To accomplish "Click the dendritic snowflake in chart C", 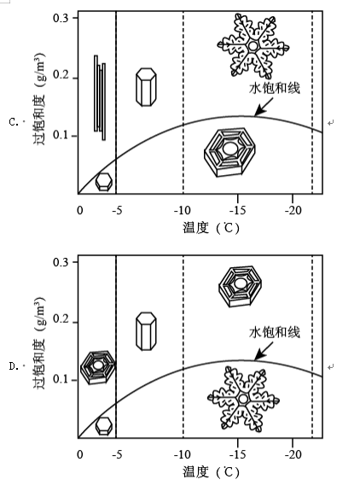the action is tap(253, 46).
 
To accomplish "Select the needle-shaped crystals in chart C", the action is tap(100, 97).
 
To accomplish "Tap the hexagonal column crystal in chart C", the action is tap(146, 87).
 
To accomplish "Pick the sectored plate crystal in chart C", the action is tap(229, 152).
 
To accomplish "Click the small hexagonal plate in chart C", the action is tap(103, 182).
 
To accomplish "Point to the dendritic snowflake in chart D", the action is tap(243, 399).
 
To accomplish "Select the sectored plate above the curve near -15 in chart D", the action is tap(240, 286).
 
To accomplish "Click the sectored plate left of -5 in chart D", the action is tap(97, 367).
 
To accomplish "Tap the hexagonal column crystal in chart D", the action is tap(146, 331).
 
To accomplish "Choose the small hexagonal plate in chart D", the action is tap(103, 426).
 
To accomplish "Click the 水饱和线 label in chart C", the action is tap(275, 88).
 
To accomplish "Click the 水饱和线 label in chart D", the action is tap(275, 332).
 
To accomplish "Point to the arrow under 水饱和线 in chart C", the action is tap(264, 107).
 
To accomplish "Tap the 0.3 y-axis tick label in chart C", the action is tap(61, 18).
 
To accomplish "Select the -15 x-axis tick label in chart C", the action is tap(238, 211).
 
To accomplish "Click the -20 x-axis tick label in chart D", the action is tap(293, 454).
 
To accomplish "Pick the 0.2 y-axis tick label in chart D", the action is tap(61, 318).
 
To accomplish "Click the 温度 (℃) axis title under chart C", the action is tap(211, 228).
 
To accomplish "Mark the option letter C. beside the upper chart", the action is tap(14, 122).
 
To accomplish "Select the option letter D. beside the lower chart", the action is tap(14, 366).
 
